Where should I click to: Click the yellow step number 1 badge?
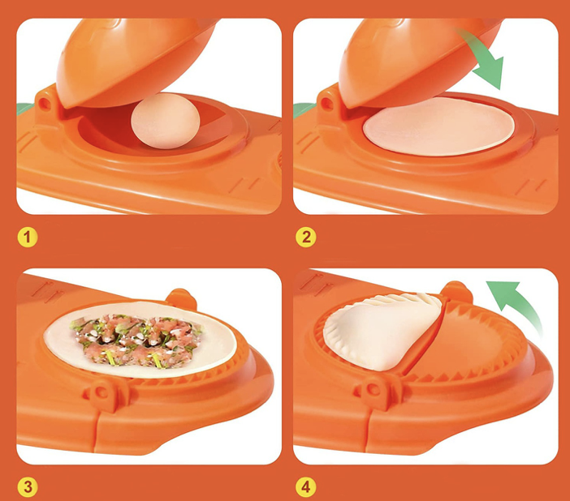[x=28, y=238]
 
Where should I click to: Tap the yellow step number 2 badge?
[x=306, y=238]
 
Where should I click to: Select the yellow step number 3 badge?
[x=28, y=487]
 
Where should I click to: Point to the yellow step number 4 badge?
[x=306, y=487]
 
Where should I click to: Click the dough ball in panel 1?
[x=166, y=121]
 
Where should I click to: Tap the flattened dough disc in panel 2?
[x=438, y=126]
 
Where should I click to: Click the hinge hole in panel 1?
[x=45, y=105]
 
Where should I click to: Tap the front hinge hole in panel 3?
[x=101, y=392]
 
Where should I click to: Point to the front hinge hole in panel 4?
[x=373, y=390]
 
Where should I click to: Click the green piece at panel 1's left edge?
[x=24, y=109]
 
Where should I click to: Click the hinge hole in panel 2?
[x=326, y=105]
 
